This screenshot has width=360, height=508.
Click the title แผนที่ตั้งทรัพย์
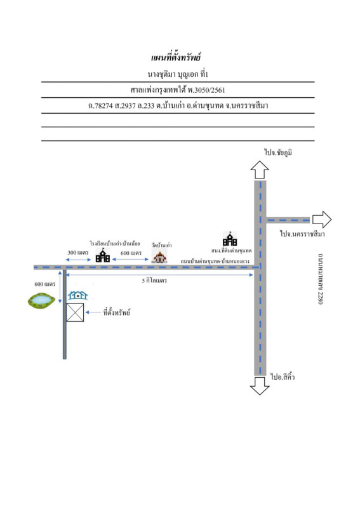(176, 57)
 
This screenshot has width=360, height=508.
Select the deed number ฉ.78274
(100, 105)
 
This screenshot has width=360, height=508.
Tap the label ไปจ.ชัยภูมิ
(278, 152)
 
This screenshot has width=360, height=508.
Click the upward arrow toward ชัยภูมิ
(260, 170)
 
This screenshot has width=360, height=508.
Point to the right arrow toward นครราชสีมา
(322, 219)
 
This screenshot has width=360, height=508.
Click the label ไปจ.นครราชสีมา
(302, 234)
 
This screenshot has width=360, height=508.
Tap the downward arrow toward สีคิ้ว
(260, 385)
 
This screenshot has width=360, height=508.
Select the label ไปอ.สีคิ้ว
(283, 377)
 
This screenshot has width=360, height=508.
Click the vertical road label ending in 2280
(320, 279)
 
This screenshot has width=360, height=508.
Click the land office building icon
(230, 239)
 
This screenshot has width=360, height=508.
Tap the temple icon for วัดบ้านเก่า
(159, 257)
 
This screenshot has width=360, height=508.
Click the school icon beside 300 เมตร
(103, 255)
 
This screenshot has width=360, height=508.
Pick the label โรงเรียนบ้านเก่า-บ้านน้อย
(115, 243)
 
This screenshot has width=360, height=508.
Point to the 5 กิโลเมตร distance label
(154, 281)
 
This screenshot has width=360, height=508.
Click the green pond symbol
(41, 300)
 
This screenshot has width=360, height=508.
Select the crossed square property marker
(75, 312)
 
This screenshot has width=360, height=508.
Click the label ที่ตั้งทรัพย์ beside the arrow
(117, 312)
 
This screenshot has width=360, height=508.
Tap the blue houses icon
(77, 295)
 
